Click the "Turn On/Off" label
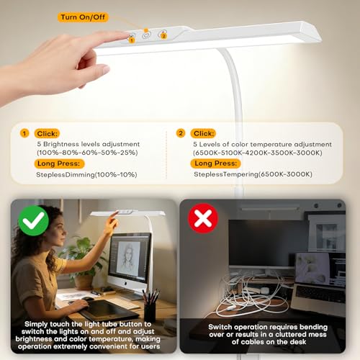tap(83, 17)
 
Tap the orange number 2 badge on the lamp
tap(163, 36)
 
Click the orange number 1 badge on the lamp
tap(132, 40)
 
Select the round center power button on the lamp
tap(146, 35)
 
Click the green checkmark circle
tap(34, 220)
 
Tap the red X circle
tap(203, 218)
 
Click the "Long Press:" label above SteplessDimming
tap(59, 163)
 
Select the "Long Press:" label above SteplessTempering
tap(215, 163)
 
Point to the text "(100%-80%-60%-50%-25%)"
tap(87, 153)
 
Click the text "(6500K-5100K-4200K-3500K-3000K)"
tap(258, 153)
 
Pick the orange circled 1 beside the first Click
tap(24, 133)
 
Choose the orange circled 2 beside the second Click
tap(181, 133)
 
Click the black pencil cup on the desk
tap(150, 311)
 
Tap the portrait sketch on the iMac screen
tap(128, 258)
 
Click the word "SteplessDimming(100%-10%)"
tap(86, 175)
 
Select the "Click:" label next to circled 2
tap(203, 133)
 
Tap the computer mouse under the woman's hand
tap(87, 299)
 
